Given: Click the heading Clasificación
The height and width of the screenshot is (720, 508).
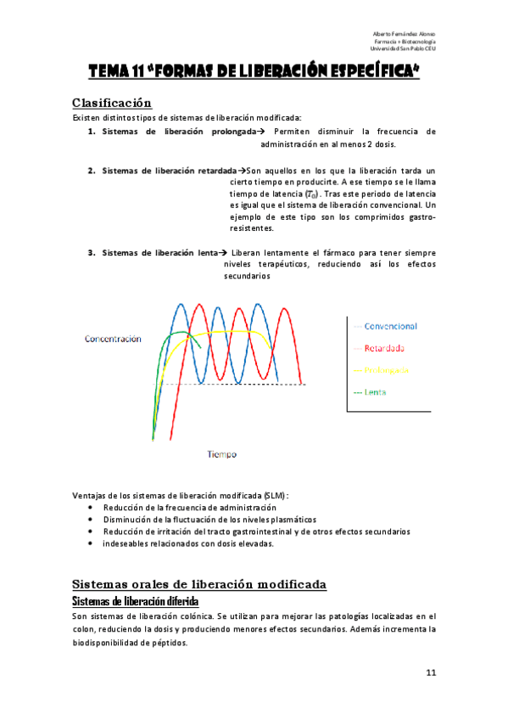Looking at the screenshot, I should (x=111, y=103).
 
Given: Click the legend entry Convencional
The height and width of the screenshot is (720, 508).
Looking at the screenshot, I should (x=390, y=326).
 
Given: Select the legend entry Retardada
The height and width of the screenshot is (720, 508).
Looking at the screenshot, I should (x=384, y=348).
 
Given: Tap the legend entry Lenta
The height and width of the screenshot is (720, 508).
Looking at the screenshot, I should (x=376, y=392).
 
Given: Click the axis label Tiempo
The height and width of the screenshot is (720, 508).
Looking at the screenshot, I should (x=222, y=454).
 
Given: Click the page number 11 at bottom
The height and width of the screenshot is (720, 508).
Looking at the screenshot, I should (x=431, y=673).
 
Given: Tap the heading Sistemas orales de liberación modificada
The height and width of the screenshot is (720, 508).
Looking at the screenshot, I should (x=198, y=585).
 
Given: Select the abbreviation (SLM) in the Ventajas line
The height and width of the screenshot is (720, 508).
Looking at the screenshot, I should (x=275, y=495).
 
